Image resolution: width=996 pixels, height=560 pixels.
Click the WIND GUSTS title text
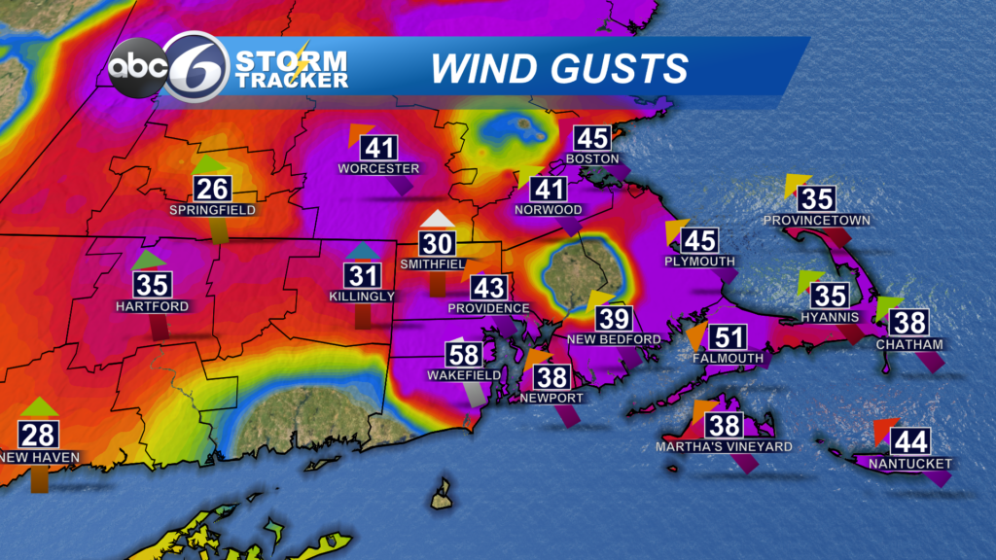(559, 69)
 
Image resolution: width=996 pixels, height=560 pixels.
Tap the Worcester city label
(378, 168)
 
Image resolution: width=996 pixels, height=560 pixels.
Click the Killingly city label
(362, 296)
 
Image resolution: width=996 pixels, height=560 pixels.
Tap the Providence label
(488, 308)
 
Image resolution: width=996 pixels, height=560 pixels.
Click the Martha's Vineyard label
(724, 446)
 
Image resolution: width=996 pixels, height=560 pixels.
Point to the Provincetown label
(816, 221)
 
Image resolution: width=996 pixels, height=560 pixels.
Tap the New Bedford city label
(615, 339)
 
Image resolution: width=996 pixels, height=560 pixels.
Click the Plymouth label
(699, 262)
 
